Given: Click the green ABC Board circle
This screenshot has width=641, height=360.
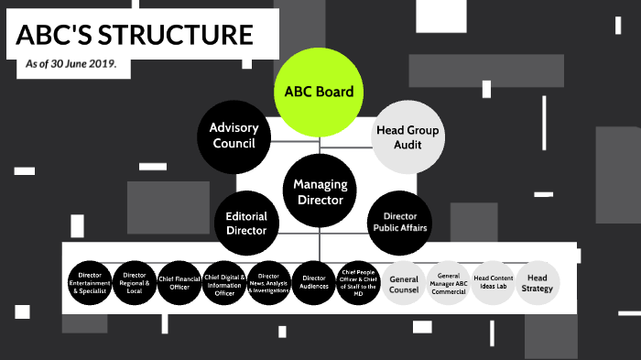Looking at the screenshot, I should tap(319, 92).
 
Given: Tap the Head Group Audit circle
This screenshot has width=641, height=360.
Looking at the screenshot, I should tap(407, 137).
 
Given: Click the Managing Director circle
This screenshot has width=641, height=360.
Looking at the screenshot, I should tap(319, 191).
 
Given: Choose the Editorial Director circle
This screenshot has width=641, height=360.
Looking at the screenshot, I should tap(246, 224).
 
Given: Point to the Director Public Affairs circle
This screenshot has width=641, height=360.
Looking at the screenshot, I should tap(397, 222).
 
